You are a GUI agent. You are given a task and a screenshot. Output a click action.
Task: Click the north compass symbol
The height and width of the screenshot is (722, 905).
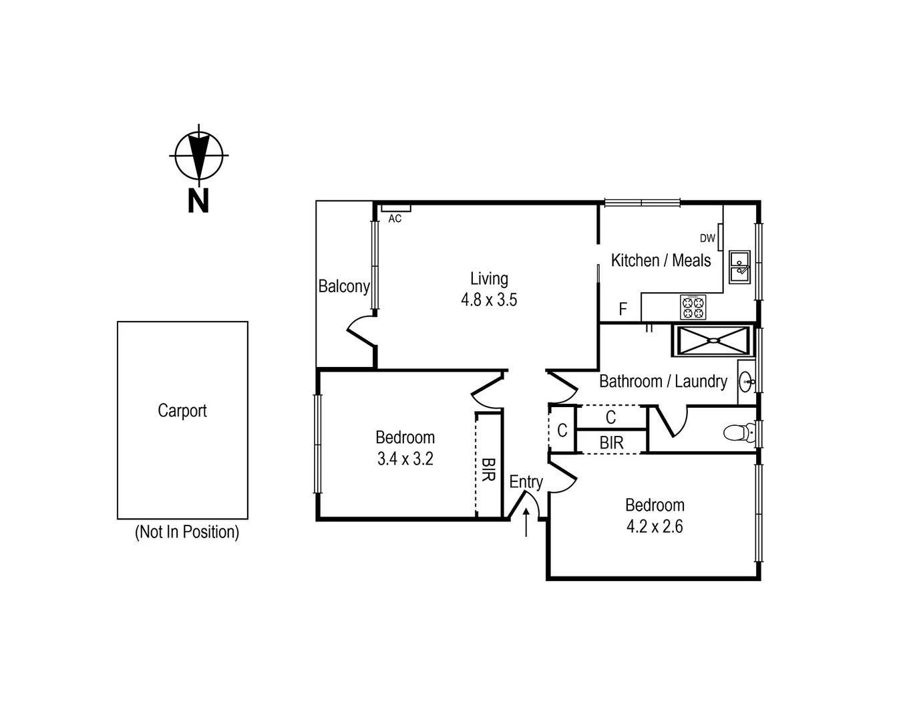198,155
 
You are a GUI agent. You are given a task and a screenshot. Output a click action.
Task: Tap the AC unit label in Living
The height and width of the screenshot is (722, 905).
395,219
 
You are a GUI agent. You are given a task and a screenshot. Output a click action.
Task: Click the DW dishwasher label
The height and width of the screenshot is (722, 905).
707,238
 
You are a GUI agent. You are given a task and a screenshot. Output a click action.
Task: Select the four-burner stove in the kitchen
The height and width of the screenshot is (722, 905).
693,307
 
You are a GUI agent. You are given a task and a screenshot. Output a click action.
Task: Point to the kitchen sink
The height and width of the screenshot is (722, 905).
739,267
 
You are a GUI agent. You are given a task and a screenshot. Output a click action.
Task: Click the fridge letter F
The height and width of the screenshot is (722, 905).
623,309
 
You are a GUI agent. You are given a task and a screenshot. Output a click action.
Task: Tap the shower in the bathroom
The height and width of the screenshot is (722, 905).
713,340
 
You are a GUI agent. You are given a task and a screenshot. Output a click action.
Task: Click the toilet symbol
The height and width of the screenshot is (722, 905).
737,433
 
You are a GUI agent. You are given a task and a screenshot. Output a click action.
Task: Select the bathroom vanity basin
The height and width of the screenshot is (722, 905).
747,382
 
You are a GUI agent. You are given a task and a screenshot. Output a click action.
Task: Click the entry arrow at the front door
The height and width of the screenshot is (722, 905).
526,522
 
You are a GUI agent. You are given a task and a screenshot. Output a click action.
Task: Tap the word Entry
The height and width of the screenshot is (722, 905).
526,481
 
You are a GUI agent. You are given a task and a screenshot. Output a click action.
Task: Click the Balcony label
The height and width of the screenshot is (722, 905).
344,286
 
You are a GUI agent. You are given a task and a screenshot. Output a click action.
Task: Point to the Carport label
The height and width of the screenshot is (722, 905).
182,410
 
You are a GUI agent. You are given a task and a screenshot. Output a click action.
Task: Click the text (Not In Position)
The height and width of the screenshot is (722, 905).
187,532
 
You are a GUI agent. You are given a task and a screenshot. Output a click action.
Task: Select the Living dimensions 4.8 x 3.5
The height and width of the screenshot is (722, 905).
489,299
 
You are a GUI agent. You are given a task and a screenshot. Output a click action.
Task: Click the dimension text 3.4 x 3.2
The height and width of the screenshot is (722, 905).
405,459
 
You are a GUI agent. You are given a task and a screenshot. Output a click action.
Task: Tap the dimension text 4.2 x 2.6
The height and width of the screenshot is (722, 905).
655,526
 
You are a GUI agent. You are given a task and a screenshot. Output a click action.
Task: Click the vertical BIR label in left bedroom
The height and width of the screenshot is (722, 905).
488,469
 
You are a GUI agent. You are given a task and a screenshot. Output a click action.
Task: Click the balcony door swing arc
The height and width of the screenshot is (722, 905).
360,330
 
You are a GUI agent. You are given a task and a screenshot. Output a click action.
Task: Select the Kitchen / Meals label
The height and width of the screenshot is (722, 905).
661,260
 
